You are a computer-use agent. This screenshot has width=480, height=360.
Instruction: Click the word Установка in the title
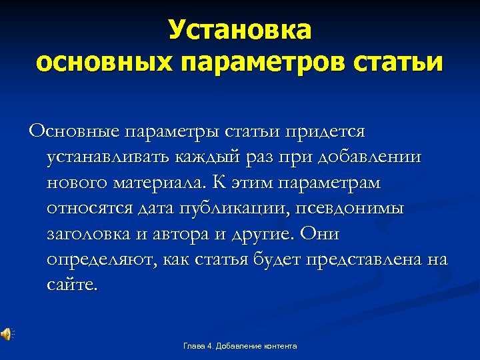[239, 30]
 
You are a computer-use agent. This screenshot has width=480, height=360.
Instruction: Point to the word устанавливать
[107, 157]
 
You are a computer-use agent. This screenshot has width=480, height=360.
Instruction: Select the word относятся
[89, 208]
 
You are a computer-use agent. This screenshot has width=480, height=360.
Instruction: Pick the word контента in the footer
[279, 346]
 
